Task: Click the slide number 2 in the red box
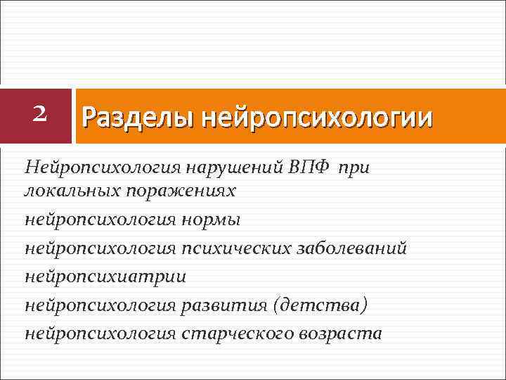(x=40, y=113)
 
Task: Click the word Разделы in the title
(x=138, y=117)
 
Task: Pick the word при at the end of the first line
(x=358, y=167)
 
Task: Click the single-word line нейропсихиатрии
(x=105, y=277)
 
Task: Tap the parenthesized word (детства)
(x=320, y=305)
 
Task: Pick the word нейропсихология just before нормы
(x=100, y=220)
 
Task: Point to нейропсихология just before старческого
(x=100, y=333)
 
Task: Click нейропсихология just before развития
(x=100, y=305)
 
